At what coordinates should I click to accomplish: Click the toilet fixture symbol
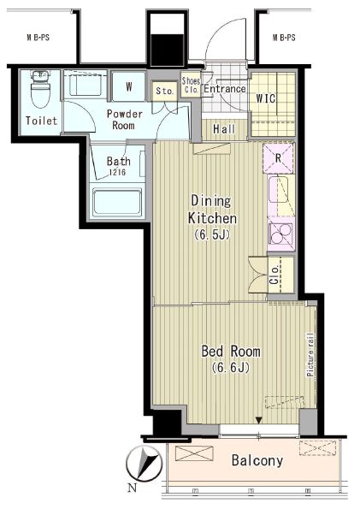pyautogui.click(x=40, y=88)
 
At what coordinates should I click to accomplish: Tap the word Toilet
pyautogui.click(x=42, y=121)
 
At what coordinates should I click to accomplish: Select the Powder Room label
pyautogui.click(x=124, y=120)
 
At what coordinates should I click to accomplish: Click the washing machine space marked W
pyautogui.click(x=129, y=86)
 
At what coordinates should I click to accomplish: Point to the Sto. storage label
pyautogui.click(x=165, y=91)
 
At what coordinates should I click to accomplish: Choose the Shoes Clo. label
pyautogui.click(x=191, y=86)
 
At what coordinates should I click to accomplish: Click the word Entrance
pyautogui.click(x=225, y=89)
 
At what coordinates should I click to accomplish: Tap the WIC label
pyautogui.click(x=266, y=98)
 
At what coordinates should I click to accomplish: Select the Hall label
pyautogui.click(x=224, y=129)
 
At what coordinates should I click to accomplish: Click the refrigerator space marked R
pyautogui.click(x=278, y=158)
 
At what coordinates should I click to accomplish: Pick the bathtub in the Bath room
pyautogui.click(x=117, y=202)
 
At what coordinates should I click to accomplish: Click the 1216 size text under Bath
pyautogui.click(x=117, y=172)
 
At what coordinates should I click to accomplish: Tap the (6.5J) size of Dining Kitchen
pyautogui.click(x=212, y=234)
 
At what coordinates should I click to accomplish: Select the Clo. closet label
pyautogui.click(x=274, y=275)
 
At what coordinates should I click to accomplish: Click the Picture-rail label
pyautogui.click(x=310, y=354)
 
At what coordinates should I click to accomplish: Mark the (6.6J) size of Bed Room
pyautogui.click(x=231, y=367)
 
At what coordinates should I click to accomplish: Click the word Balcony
pyautogui.click(x=257, y=461)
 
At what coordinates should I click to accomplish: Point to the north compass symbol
pyautogui.click(x=145, y=464)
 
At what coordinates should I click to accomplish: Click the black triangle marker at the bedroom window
pyautogui.click(x=258, y=420)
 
